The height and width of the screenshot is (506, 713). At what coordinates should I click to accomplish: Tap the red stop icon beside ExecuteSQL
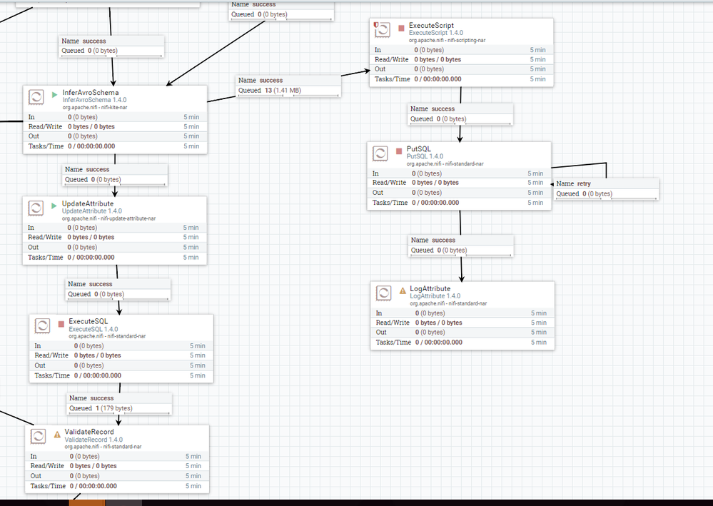[x=61, y=322]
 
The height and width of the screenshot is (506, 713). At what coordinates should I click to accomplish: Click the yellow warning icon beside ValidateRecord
[x=57, y=433]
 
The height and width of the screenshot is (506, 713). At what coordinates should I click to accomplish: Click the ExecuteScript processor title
[x=431, y=26]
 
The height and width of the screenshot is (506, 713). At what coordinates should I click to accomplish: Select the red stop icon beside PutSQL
[x=400, y=150]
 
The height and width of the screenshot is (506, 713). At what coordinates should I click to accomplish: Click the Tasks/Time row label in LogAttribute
[x=393, y=342]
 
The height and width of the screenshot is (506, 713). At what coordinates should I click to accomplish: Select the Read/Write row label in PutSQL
[x=390, y=183]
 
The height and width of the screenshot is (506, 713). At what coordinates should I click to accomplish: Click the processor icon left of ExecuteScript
[x=383, y=29]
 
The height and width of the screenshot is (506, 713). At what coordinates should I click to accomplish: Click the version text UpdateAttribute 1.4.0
[x=92, y=211]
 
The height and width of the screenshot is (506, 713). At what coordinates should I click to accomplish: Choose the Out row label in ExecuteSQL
[x=41, y=365]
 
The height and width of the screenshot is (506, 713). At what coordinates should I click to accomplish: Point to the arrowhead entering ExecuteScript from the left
[x=365, y=71]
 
